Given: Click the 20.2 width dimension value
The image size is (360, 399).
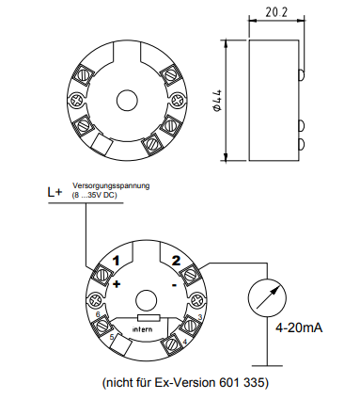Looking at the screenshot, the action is pyautogui.click(x=276, y=12).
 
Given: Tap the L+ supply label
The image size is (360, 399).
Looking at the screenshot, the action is pyautogui.click(x=55, y=192).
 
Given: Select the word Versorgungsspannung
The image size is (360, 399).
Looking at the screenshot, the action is pyautogui.click(x=111, y=185).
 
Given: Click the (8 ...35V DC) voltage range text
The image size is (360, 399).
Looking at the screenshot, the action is pyautogui.click(x=94, y=195).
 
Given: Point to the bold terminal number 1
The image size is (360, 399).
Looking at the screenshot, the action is pyautogui.click(x=117, y=261).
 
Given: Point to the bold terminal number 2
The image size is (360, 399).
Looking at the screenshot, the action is pyautogui.click(x=176, y=261).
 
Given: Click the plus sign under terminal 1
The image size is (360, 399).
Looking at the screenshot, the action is pyautogui.click(x=117, y=284).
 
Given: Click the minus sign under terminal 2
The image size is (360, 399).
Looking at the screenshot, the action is pyautogui.click(x=175, y=285).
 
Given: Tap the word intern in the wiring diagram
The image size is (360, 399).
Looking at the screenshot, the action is pyautogui.click(x=143, y=329).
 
